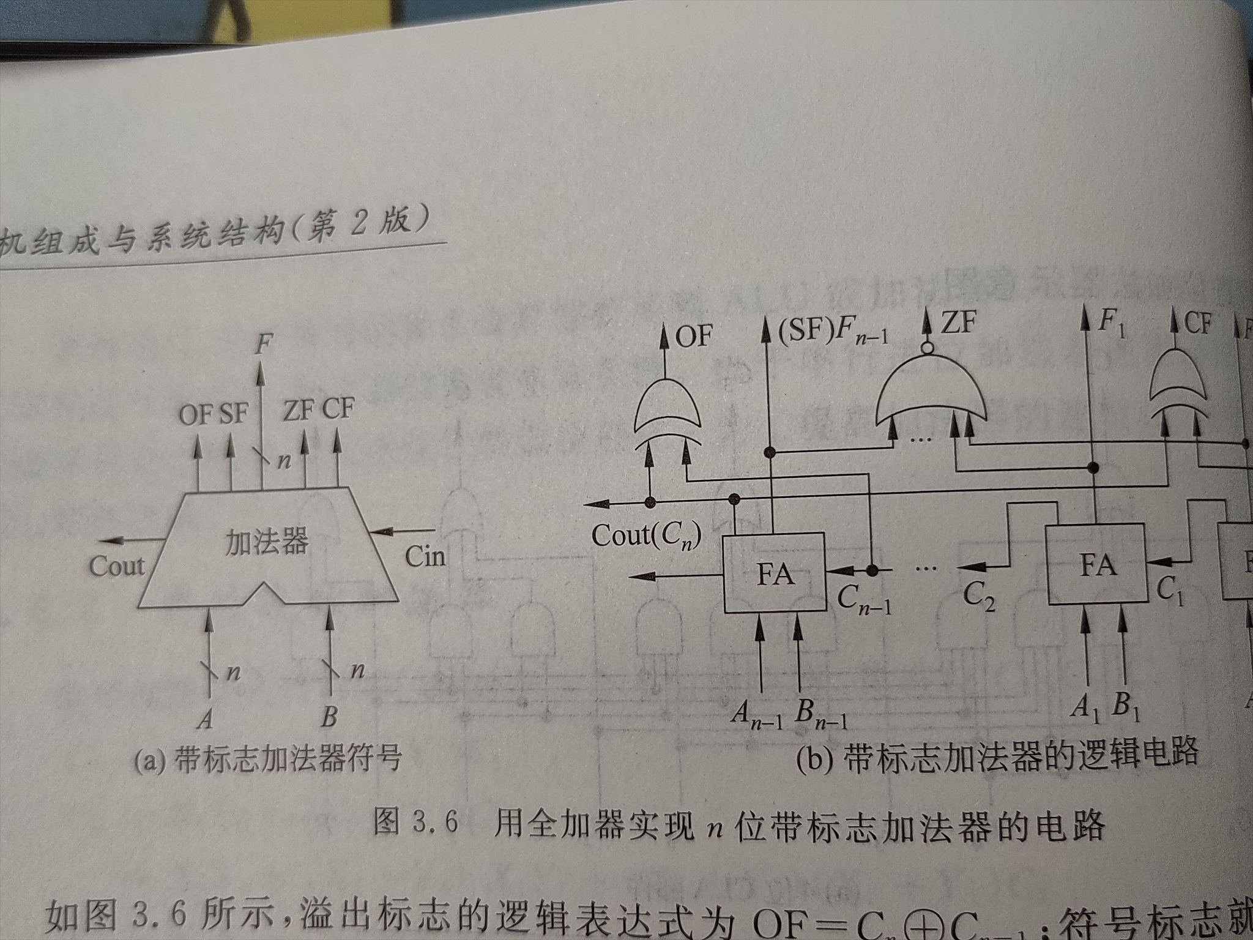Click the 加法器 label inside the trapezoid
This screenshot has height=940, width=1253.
click(x=267, y=542)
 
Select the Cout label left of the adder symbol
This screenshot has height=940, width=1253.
click(x=117, y=566)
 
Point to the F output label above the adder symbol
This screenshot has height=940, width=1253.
click(x=263, y=344)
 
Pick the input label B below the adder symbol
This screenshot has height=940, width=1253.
click(x=329, y=716)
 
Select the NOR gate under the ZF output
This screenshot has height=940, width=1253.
click(x=930, y=392)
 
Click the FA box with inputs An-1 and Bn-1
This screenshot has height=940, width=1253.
click(x=775, y=573)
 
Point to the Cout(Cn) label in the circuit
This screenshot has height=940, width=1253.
click(x=646, y=537)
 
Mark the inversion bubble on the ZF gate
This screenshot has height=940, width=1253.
click(x=928, y=348)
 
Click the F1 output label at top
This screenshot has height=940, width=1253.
click(x=1111, y=323)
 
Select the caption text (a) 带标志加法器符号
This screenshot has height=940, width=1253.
click(x=268, y=759)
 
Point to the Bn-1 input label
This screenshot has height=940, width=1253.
click(x=821, y=714)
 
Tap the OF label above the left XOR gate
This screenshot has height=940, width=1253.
click(x=694, y=336)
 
